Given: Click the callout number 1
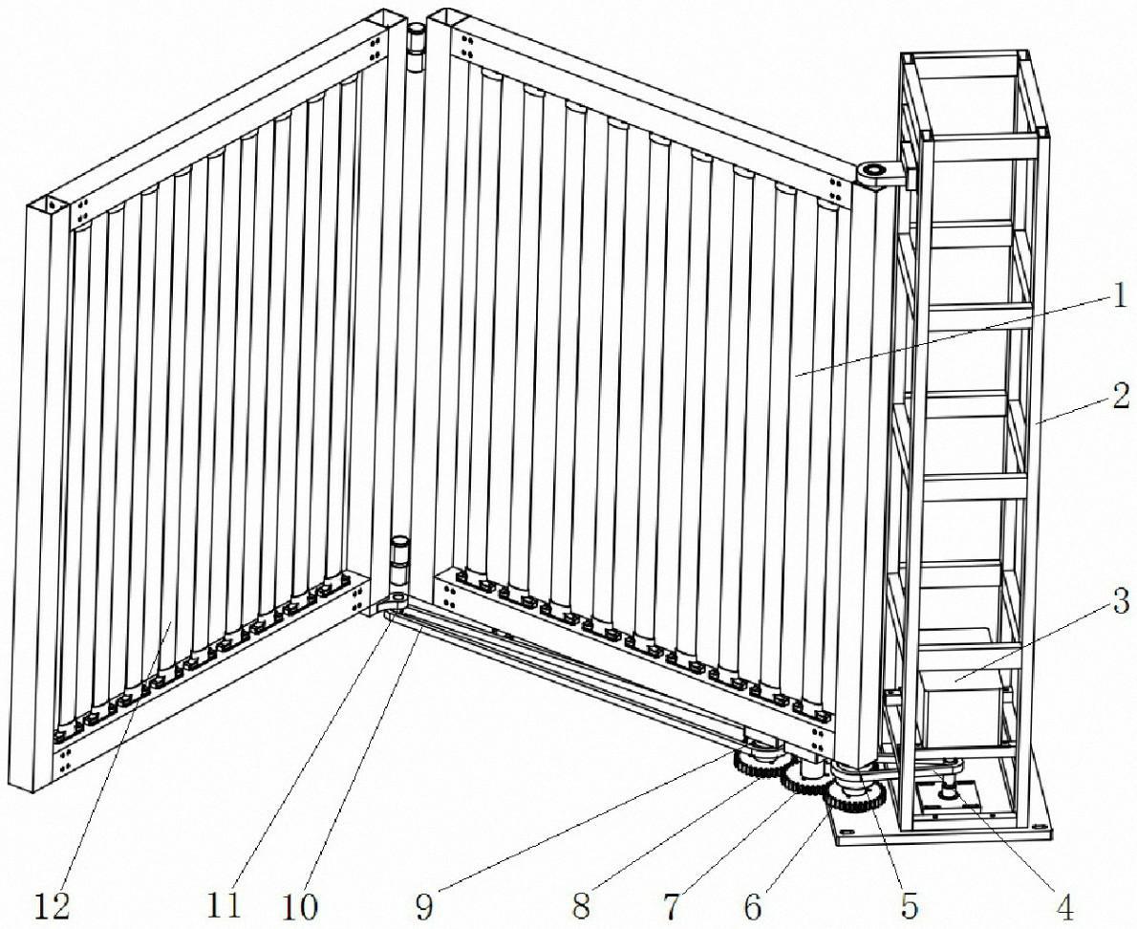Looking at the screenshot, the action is point(1121,296).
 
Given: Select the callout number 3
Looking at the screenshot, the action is point(1120,600).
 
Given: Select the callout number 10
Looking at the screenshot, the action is point(299,905).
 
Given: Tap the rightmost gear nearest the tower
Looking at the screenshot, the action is point(856,797).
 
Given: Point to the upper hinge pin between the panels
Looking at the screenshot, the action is point(416,51).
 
